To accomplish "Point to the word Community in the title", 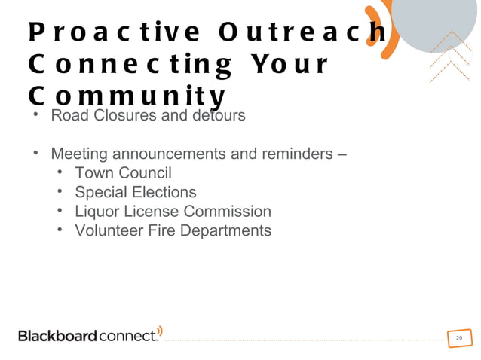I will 127,97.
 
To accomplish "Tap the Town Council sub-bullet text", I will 123,173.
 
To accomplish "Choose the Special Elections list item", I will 135,192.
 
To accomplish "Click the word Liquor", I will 97,212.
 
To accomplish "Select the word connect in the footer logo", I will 127,336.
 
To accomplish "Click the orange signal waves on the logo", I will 160,331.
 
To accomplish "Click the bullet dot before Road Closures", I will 35,116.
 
